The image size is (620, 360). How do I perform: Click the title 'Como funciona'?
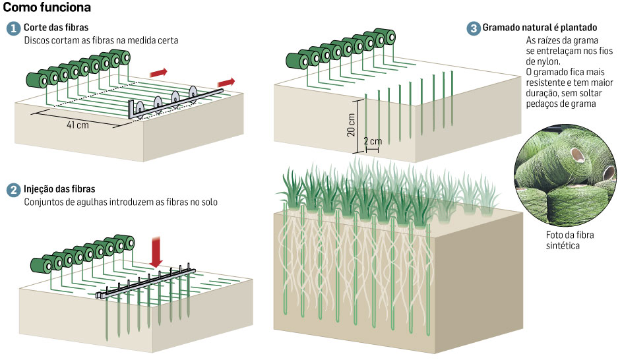click(x=47, y=8)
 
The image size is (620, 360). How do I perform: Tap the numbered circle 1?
click(x=13, y=30)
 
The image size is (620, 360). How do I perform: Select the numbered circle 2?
click(x=13, y=190)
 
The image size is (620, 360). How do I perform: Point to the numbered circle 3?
click(x=474, y=28)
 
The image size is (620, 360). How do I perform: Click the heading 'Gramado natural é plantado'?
click(x=540, y=28)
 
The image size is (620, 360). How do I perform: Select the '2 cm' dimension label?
click(x=373, y=141)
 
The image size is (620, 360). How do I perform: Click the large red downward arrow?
click(x=156, y=251)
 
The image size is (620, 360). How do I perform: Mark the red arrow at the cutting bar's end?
click(x=226, y=81)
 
